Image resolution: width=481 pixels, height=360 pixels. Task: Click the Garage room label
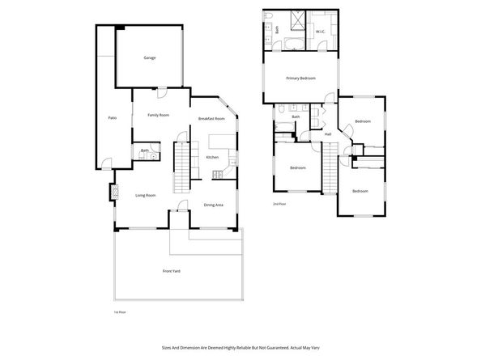coord(150,58)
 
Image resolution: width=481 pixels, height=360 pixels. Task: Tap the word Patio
coord(112,118)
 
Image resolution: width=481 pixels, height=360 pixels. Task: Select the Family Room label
coord(158,116)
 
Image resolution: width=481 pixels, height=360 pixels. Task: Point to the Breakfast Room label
coord(211,119)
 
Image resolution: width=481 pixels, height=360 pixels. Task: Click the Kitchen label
coord(212,157)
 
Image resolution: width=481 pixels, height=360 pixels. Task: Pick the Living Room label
coord(145,195)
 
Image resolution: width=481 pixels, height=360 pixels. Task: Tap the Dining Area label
coord(214,205)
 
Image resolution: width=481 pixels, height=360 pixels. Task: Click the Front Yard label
coord(171,270)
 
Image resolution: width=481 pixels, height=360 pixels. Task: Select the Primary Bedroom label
coord(300,78)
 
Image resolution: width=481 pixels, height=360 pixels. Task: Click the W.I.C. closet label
coord(320,32)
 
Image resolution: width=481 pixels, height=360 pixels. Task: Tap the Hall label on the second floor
coord(327,134)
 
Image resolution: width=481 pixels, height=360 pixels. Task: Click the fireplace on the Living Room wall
coord(114,193)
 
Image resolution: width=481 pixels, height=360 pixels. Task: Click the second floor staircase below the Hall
coord(330,167)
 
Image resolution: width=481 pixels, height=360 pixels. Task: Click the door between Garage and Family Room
coord(161,89)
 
